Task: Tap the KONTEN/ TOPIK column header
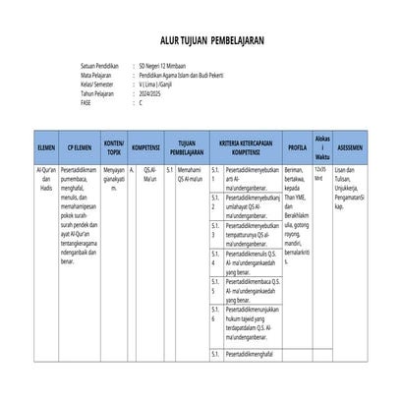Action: pos(114,146)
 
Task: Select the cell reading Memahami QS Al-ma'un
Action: pos(190,174)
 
